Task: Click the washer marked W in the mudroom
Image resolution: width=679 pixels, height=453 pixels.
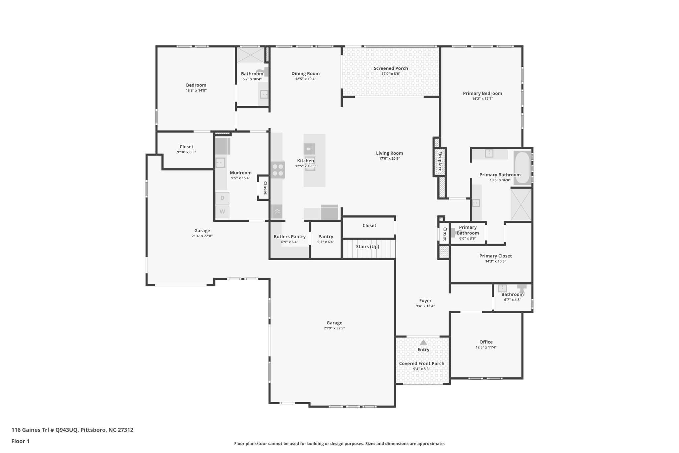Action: tap(222, 212)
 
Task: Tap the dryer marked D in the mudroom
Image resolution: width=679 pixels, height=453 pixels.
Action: tap(222, 198)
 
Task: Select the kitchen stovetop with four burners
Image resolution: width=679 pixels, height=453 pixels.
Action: tap(278, 170)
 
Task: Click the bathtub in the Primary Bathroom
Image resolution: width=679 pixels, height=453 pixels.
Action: tap(523, 168)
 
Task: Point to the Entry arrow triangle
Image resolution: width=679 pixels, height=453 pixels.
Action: tap(423, 342)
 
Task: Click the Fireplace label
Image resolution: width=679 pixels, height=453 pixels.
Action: tap(440, 162)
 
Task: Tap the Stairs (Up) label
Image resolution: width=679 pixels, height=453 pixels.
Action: tap(367, 247)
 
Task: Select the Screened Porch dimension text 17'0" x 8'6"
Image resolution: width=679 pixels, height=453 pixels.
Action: tap(391, 74)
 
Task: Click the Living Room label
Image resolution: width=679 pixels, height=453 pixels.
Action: tap(390, 153)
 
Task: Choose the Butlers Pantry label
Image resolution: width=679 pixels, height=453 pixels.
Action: tap(289, 237)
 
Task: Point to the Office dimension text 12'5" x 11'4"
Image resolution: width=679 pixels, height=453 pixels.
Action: tap(486, 347)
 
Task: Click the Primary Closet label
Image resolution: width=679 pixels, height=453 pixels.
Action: tap(495, 256)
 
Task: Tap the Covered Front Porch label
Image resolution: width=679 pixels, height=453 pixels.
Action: tap(422, 363)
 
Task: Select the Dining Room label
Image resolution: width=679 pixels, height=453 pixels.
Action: tap(306, 74)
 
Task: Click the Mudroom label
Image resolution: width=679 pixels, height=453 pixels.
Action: tap(241, 173)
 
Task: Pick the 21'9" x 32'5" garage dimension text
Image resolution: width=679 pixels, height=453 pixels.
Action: tap(334, 328)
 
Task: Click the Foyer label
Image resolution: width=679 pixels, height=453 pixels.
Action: tap(425, 301)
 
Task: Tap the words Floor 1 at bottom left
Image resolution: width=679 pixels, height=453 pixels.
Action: tap(20, 441)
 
